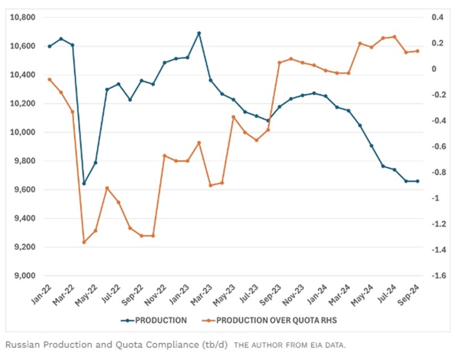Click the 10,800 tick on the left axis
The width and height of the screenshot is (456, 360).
23,18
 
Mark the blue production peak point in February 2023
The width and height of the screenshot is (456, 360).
199,33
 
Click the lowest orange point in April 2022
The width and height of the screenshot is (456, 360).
84,242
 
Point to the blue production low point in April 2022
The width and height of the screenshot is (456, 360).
84,184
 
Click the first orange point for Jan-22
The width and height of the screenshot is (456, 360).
50,79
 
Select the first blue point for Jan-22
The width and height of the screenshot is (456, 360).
50,46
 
